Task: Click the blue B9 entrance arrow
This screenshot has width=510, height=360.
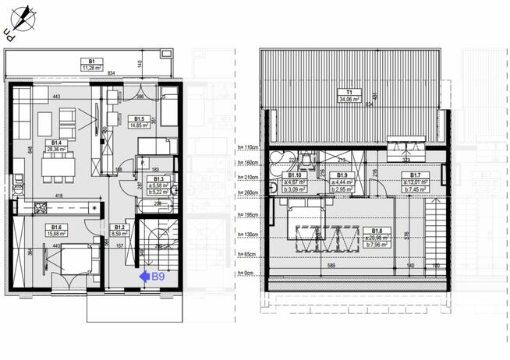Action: [x=143, y=275]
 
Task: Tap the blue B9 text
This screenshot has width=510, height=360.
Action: [x=158, y=275]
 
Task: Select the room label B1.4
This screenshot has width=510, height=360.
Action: [x=54, y=142]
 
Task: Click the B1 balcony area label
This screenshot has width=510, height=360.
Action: [x=91, y=60]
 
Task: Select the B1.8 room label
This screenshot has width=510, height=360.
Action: [x=377, y=231]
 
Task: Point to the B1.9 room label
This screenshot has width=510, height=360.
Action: [x=341, y=175]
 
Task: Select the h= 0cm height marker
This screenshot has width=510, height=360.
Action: [x=247, y=274]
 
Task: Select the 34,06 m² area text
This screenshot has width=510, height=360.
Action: [x=349, y=99]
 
